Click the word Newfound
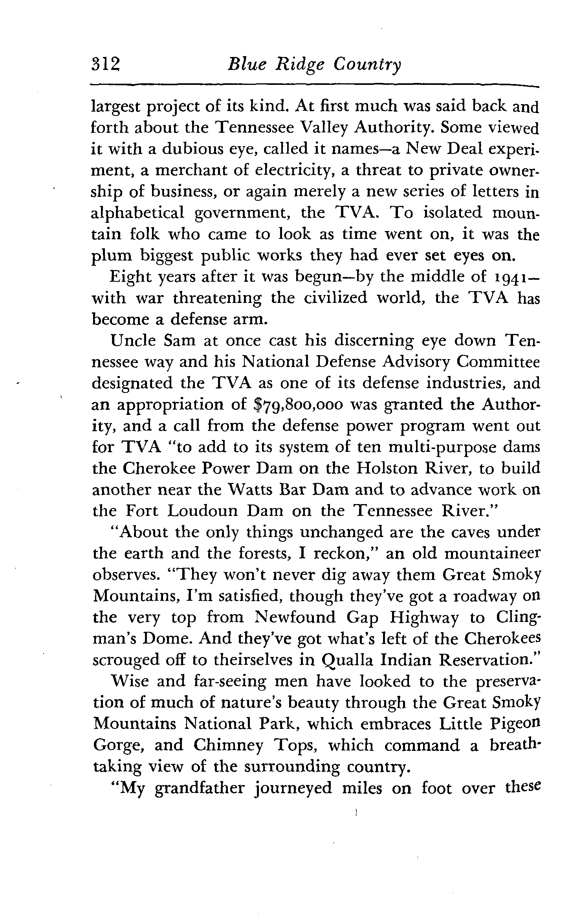[295, 618]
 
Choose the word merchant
[195, 171]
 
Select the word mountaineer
[492, 554]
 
